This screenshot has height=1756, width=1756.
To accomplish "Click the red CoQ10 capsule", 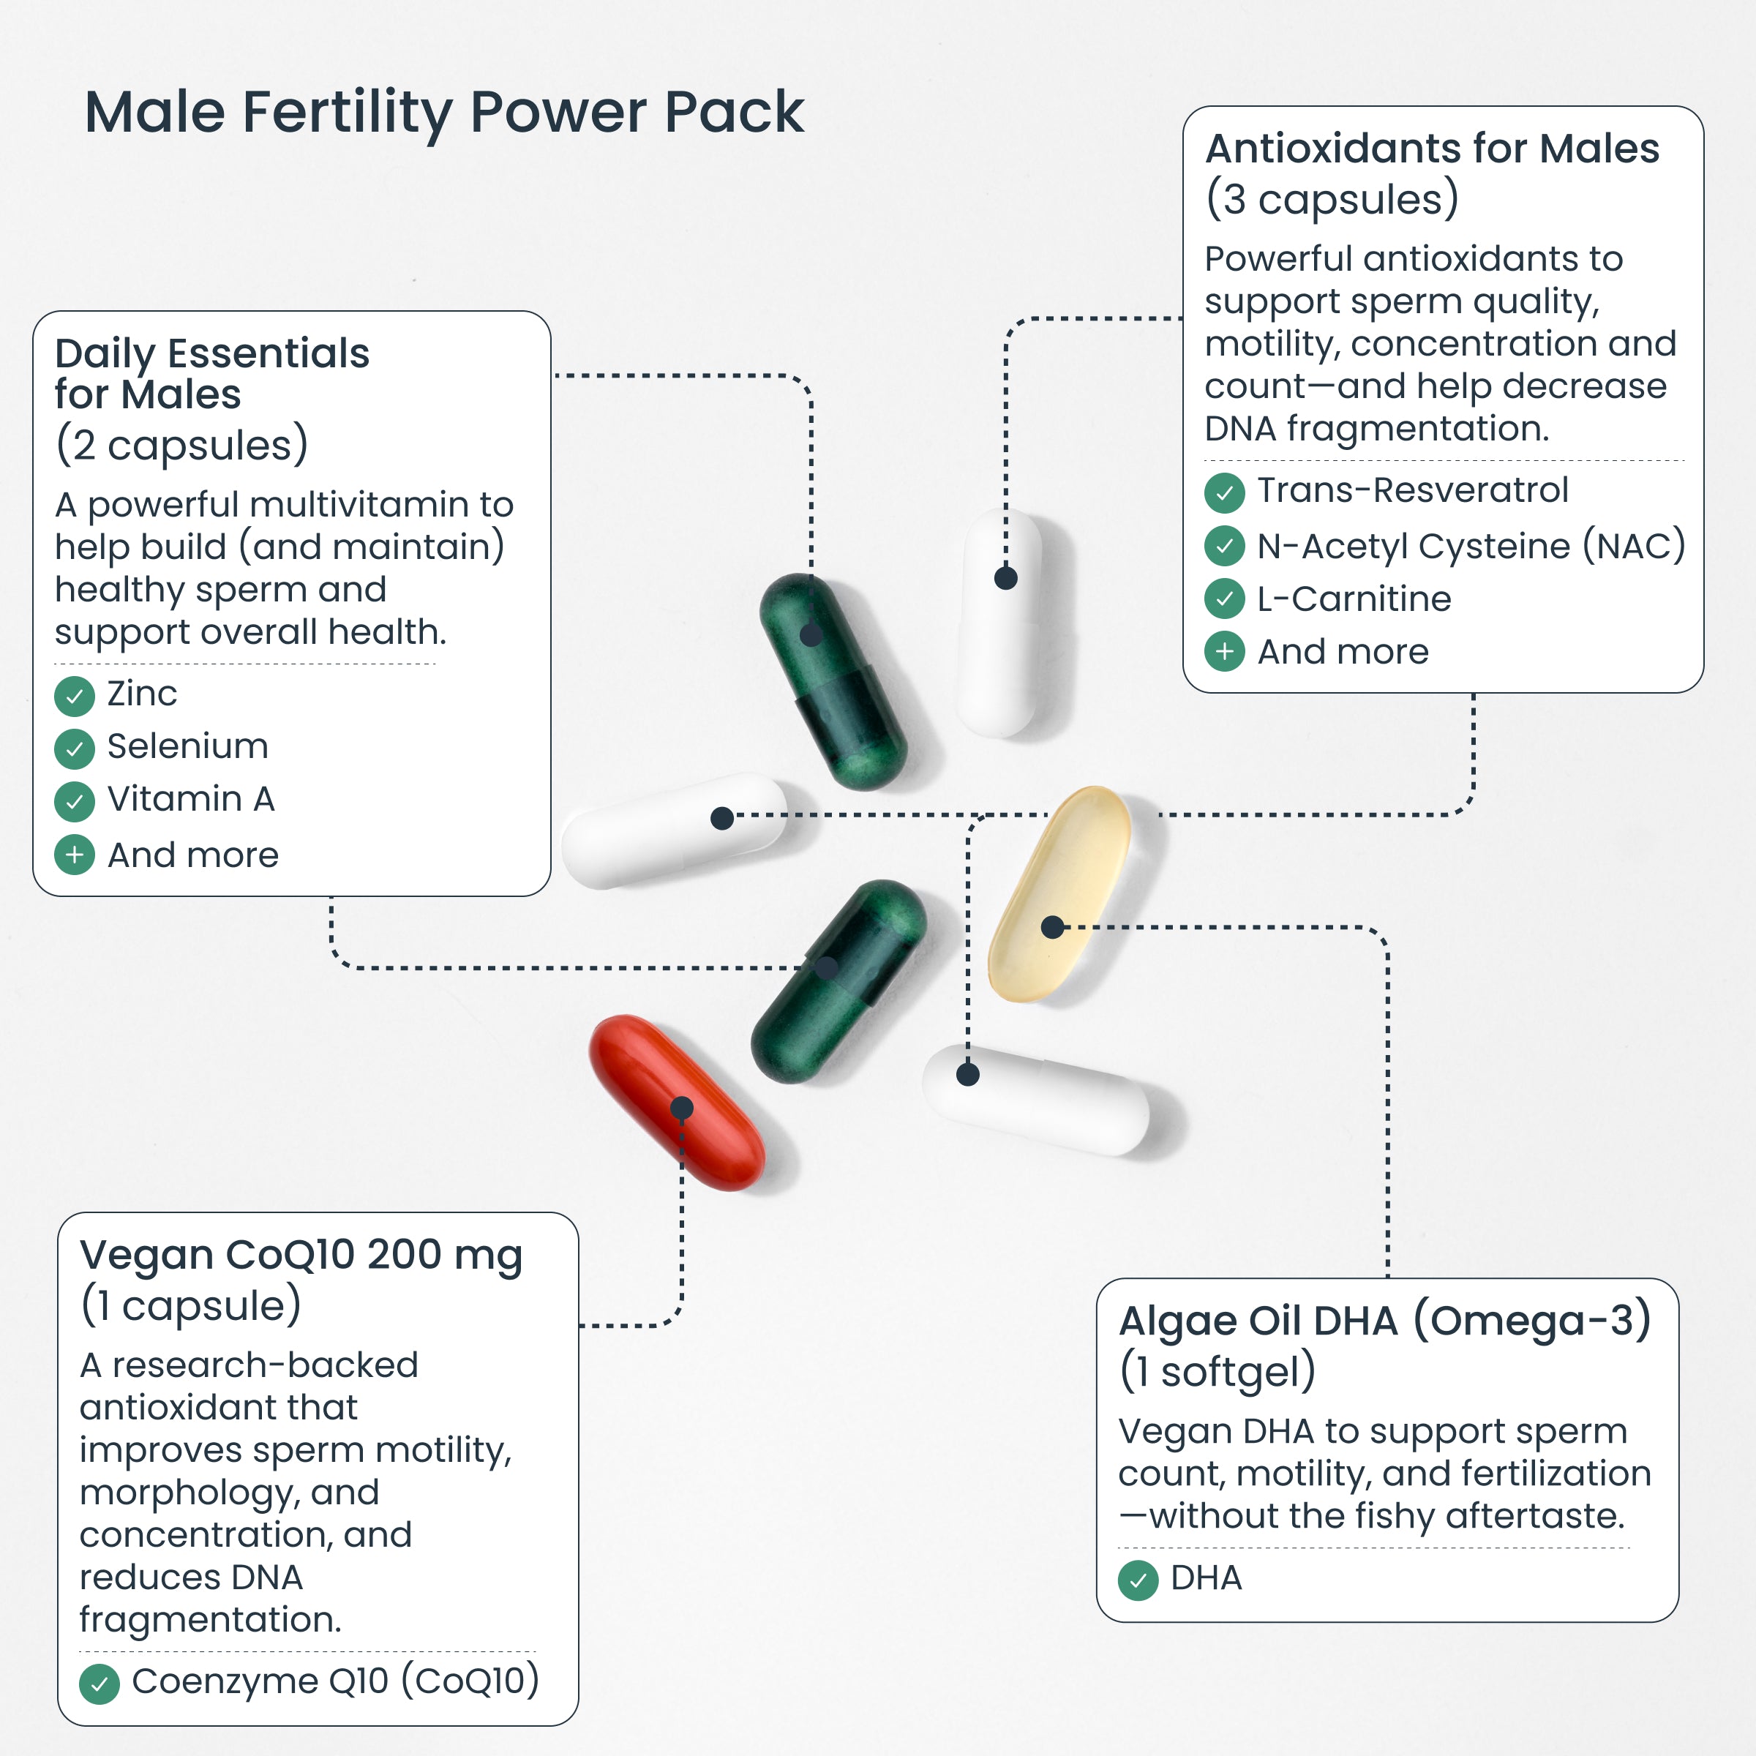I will (677, 1102).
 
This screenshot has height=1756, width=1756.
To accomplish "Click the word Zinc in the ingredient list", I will (142, 694).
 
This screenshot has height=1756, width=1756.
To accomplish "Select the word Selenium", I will (187, 746).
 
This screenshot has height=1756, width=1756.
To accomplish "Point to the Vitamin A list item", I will (191, 799).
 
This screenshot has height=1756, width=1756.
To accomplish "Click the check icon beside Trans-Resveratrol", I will (1224, 492).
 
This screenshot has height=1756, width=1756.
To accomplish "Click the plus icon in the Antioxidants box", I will (1224, 652).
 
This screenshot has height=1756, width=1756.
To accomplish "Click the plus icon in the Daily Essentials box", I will (75, 855).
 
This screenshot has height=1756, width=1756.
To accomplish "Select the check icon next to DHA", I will (1138, 1580).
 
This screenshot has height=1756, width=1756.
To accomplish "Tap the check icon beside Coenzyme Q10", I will (99, 1684).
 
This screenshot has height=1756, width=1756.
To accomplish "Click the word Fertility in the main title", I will (348, 113).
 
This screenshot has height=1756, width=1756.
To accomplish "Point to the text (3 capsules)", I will (1332, 199).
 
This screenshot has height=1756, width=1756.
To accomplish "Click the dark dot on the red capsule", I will (682, 1108).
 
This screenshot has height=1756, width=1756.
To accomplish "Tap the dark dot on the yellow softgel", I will (1053, 927).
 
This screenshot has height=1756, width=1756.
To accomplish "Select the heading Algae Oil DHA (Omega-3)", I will (1384, 1321).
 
